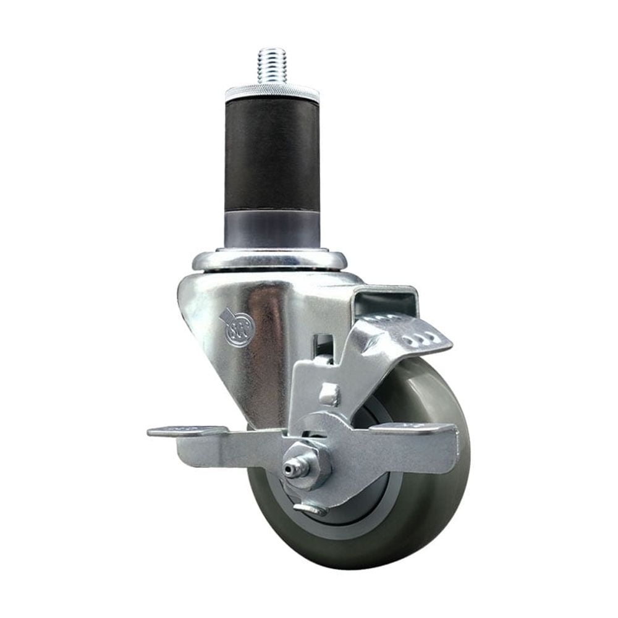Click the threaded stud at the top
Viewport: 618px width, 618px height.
pos(273,66)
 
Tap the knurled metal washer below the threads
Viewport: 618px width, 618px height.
pos(273,93)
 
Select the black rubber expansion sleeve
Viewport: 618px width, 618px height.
pos(273,154)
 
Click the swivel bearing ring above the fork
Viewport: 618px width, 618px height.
pos(269,260)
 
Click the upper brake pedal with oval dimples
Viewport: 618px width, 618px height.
pos(408,334)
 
